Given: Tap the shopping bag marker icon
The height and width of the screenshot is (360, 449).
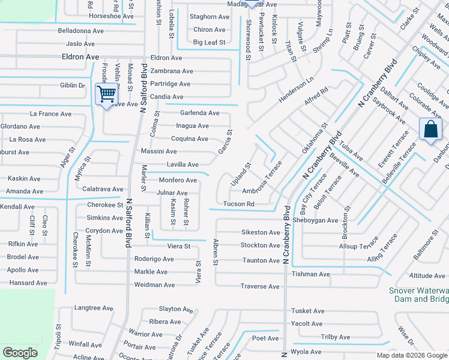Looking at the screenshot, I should click(430, 129).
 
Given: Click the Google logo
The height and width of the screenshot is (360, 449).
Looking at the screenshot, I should click(20, 353).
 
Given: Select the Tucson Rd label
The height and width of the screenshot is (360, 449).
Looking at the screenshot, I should click(239, 204).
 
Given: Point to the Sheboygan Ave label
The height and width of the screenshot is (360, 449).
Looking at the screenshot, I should click(316, 220).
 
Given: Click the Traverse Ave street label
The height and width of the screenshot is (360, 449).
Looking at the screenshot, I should click(260, 287).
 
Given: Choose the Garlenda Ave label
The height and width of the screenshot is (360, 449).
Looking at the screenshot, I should click(200, 113).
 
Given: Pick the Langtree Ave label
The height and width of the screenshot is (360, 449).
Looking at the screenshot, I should click(93, 308).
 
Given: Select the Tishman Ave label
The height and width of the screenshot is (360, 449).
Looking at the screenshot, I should click(310, 274).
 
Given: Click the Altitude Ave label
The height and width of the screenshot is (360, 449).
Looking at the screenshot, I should click(427, 276).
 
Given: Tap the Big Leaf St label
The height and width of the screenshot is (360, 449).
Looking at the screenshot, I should click(209, 43).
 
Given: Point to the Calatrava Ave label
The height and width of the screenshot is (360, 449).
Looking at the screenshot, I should click(103, 189).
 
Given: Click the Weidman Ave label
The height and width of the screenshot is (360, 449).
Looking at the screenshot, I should click(154, 285).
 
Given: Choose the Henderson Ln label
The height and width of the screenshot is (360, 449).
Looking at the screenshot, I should click(296, 89).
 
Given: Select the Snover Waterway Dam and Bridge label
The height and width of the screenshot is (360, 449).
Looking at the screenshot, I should click(420, 295).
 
